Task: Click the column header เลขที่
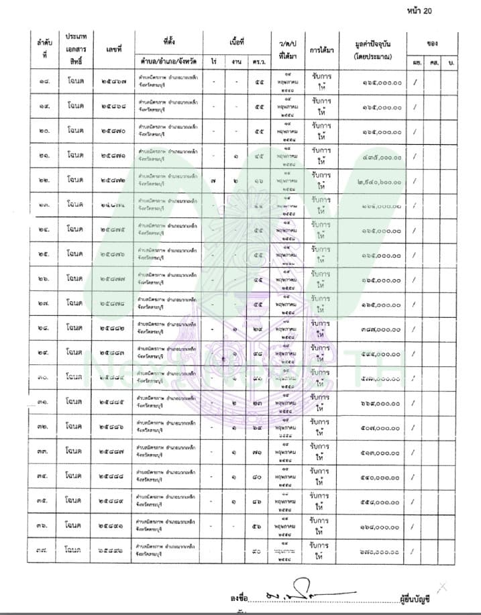coord(113,50)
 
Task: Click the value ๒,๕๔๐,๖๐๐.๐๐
coord(377,181)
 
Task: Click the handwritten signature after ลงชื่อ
coord(305,591)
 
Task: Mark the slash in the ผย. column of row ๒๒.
coord(416,181)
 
